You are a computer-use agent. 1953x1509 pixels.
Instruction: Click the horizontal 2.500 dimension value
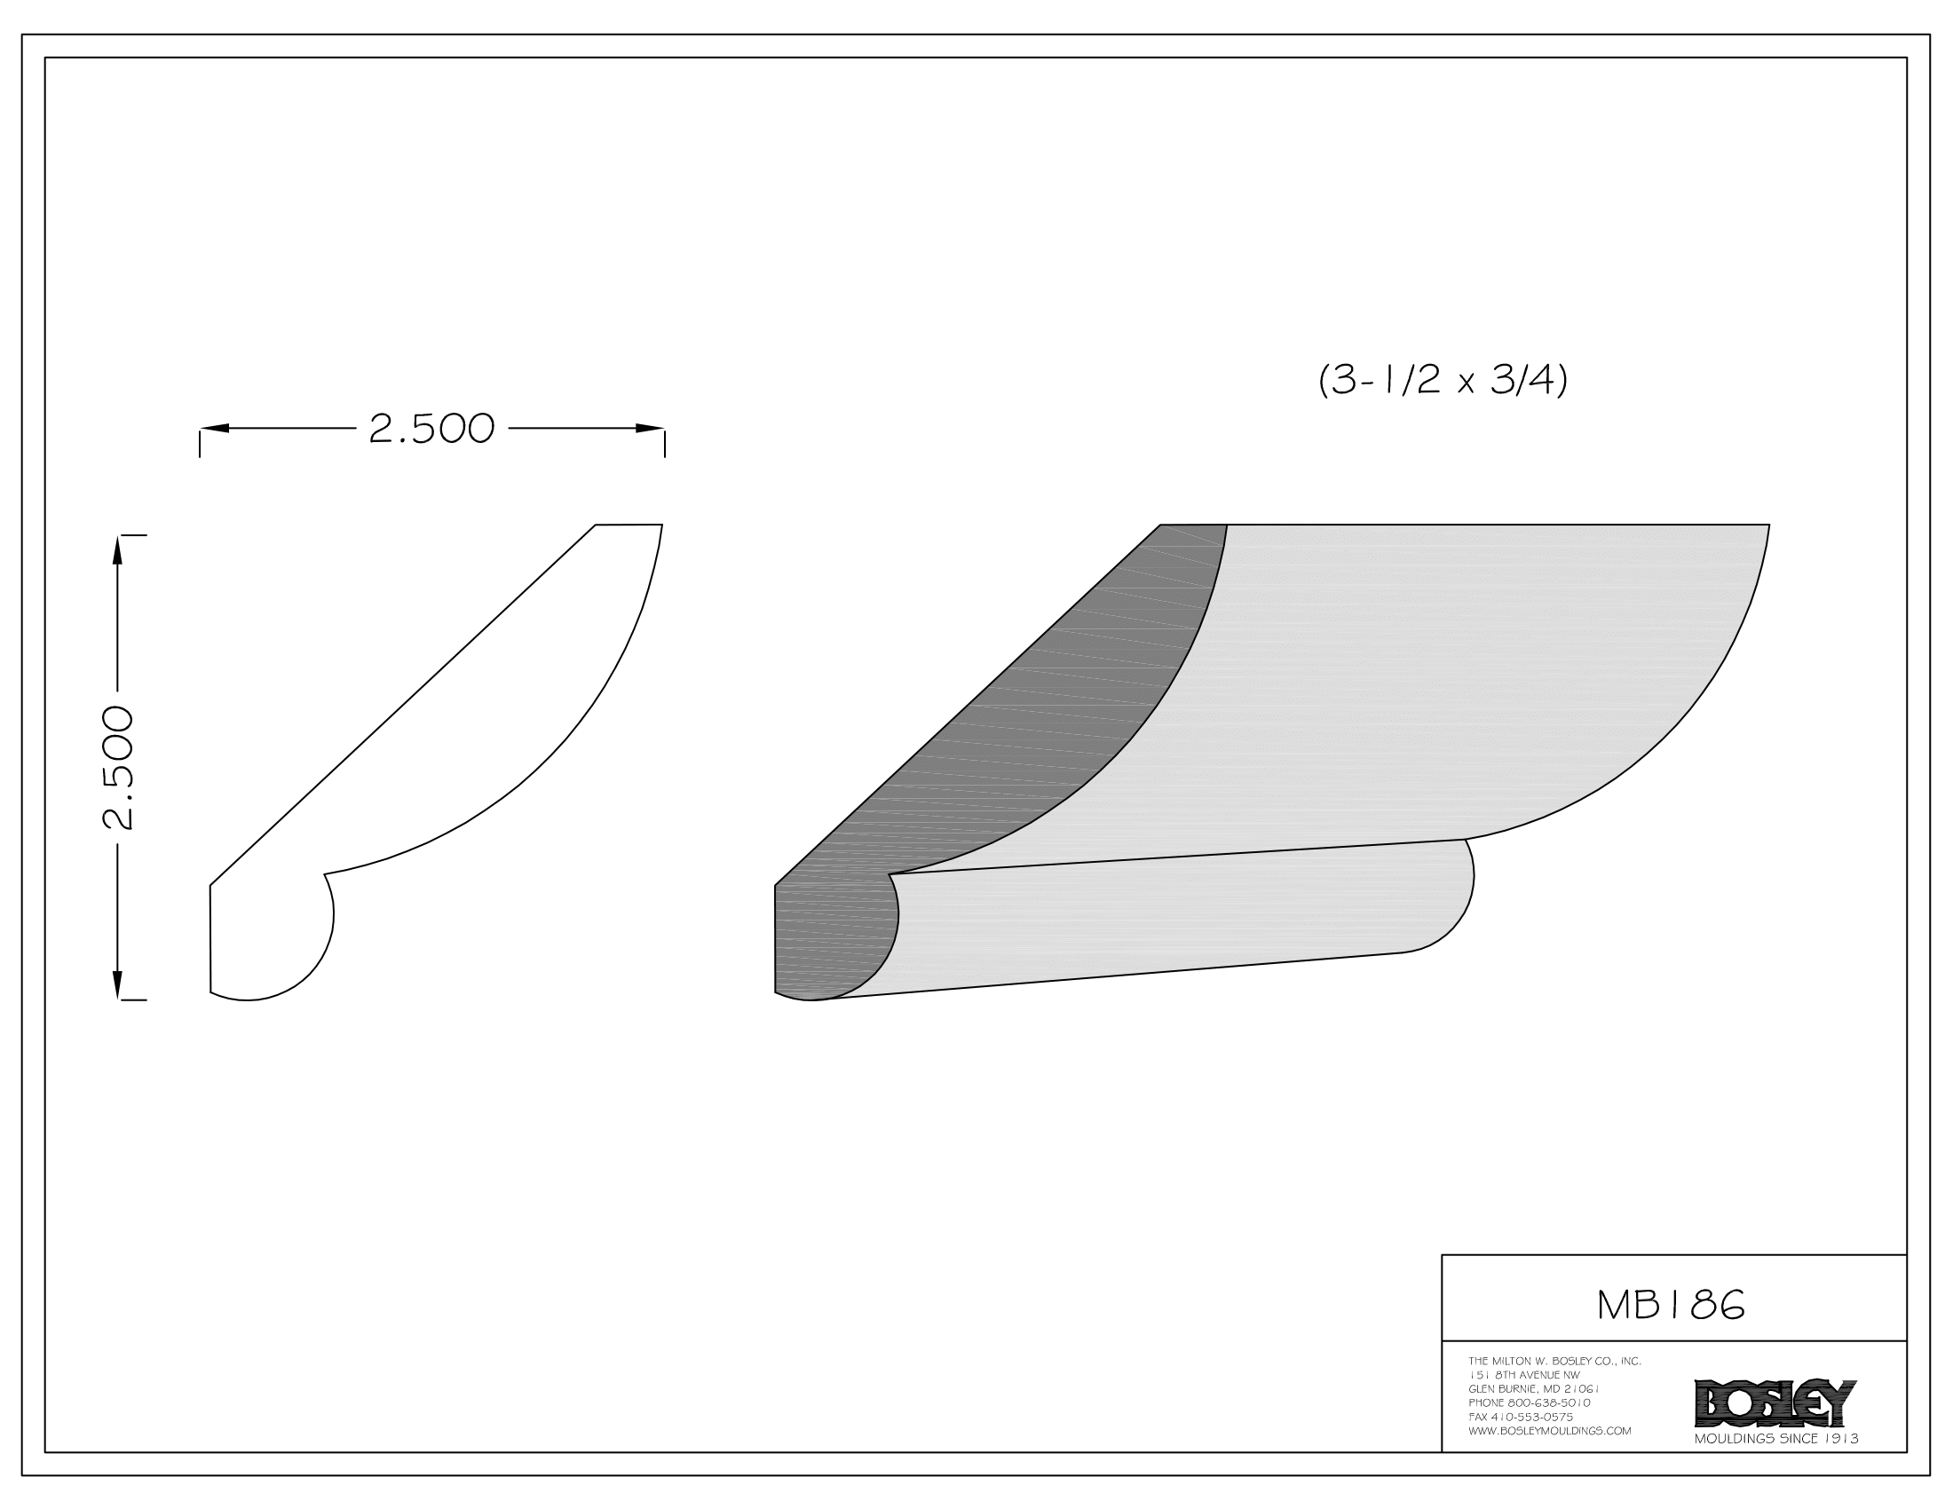click(x=431, y=429)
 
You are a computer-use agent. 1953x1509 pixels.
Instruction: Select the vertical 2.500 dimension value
click(x=118, y=768)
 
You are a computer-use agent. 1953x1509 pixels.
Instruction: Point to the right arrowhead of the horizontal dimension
click(x=650, y=428)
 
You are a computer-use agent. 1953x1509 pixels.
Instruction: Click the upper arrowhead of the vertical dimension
click(x=117, y=549)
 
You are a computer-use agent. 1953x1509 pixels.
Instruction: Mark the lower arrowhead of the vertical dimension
click(x=117, y=985)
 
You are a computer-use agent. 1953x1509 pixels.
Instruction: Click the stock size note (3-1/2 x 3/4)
click(x=1443, y=382)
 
